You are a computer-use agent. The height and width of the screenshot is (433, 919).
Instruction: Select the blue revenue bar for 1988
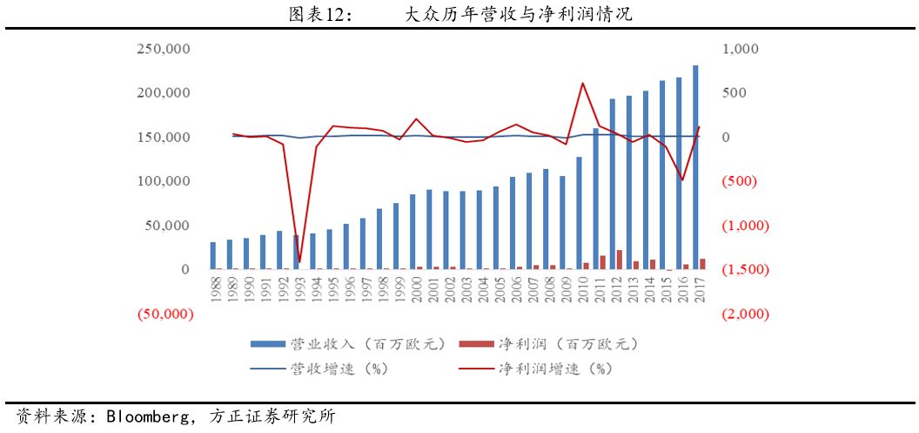(213, 256)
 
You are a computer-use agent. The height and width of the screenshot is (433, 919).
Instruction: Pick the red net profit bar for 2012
(620, 260)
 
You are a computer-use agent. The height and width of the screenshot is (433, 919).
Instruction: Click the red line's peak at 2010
(582, 84)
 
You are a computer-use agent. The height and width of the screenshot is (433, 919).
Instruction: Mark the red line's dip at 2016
(682, 180)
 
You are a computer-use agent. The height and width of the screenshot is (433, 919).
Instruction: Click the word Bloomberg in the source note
(146, 416)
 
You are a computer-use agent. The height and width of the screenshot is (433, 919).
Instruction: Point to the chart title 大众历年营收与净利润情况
(519, 15)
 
